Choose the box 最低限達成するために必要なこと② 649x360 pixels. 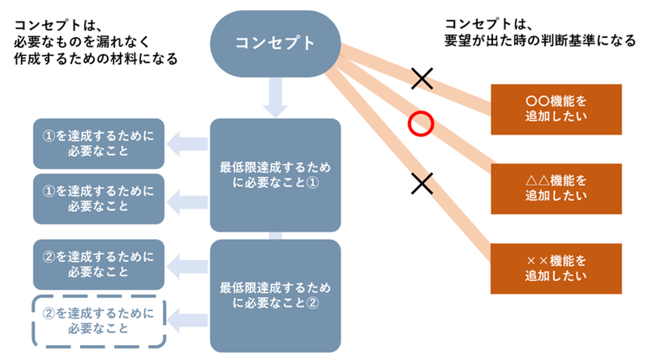(275, 296)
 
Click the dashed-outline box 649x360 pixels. (99, 320)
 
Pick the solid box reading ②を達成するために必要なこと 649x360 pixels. (99, 264)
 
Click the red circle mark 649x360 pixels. (421, 123)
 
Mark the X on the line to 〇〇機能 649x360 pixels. (422, 78)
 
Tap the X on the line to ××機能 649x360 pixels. (422, 183)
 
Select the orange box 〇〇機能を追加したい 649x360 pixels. (556, 109)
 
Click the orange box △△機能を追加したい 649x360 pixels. (556, 188)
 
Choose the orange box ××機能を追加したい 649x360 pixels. (556, 269)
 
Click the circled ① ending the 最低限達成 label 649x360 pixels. (312, 183)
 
